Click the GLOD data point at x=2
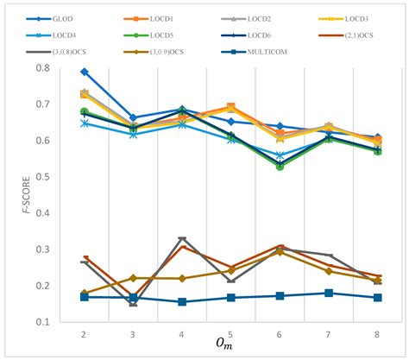tap(84, 72)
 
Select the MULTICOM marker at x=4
tap(182, 301)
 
